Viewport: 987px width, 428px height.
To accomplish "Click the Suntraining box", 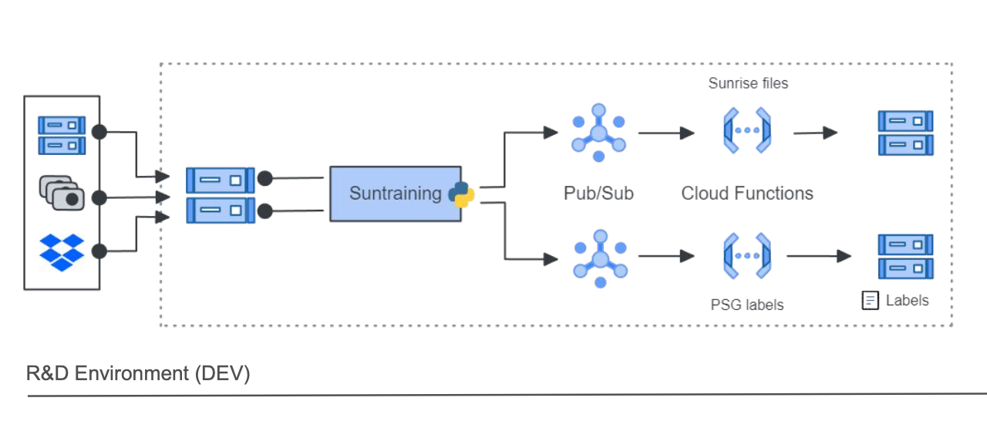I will coord(395,194).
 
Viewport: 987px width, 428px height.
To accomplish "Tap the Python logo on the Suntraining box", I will coord(461,194).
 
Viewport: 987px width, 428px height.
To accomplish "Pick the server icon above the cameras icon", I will coord(62,135).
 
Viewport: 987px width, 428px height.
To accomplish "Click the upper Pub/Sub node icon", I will coord(598,133).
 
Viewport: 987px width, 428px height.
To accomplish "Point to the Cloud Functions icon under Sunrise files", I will coord(747,130).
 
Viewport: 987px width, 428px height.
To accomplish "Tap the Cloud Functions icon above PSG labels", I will coord(747,256).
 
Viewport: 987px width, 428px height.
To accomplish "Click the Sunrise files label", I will coord(748,83).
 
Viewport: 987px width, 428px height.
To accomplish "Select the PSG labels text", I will coord(746,305).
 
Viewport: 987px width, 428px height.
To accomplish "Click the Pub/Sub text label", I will coord(598,193).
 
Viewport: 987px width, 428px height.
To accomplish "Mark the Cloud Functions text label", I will coord(747,193).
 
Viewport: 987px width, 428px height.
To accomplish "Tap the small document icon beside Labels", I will coord(870,301).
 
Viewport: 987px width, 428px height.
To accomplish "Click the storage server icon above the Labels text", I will coord(905,257).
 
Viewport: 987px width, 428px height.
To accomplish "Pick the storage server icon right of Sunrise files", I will coord(905,133).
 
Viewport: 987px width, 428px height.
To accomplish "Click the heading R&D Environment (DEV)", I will coord(138,374).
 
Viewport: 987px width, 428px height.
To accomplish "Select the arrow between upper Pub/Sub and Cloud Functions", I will coord(666,133).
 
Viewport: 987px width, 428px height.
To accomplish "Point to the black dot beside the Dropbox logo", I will coord(99,251).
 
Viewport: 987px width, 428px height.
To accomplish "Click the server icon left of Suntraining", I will coord(220,194).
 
